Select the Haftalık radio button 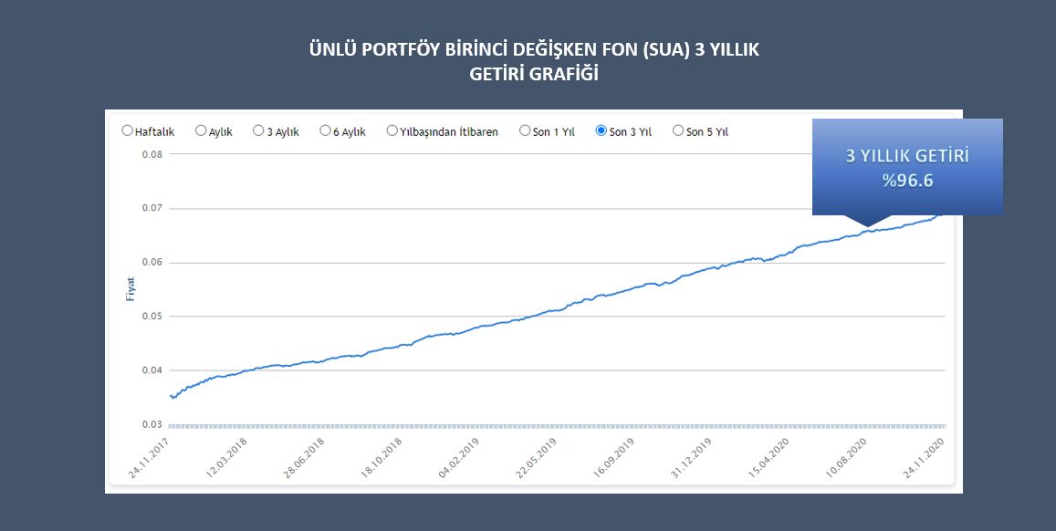pyautogui.click(x=127, y=130)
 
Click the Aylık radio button pyautogui.click(x=201, y=130)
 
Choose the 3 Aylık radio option pyautogui.click(x=258, y=130)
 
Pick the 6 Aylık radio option pyautogui.click(x=325, y=130)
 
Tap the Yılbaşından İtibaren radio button pyautogui.click(x=392, y=130)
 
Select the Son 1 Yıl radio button pyautogui.click(x=525, y=130)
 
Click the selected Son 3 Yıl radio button pyautogui.click(x=601, y=130)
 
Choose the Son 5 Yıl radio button pyautogui.click(x=678, y=130)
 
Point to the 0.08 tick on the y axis pyautogui.click(x=152, y=154)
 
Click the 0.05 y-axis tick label pyautogui.click(x=152, y=317)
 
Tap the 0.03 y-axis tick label pyautogui.click(x=152, y=424)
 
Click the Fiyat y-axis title pyautogui.click(x=131, y=289)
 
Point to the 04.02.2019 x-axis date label pyautogui.click(x=459, y=457)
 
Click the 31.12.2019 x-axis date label pyautogui.click(x=692, y=457)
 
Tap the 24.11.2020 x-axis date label pyautogui.click(x=924, y=457)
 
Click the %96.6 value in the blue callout pyautogui.click(x=907, y=181)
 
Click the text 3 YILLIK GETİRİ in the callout pyautogui.click(x=907, y=156)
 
